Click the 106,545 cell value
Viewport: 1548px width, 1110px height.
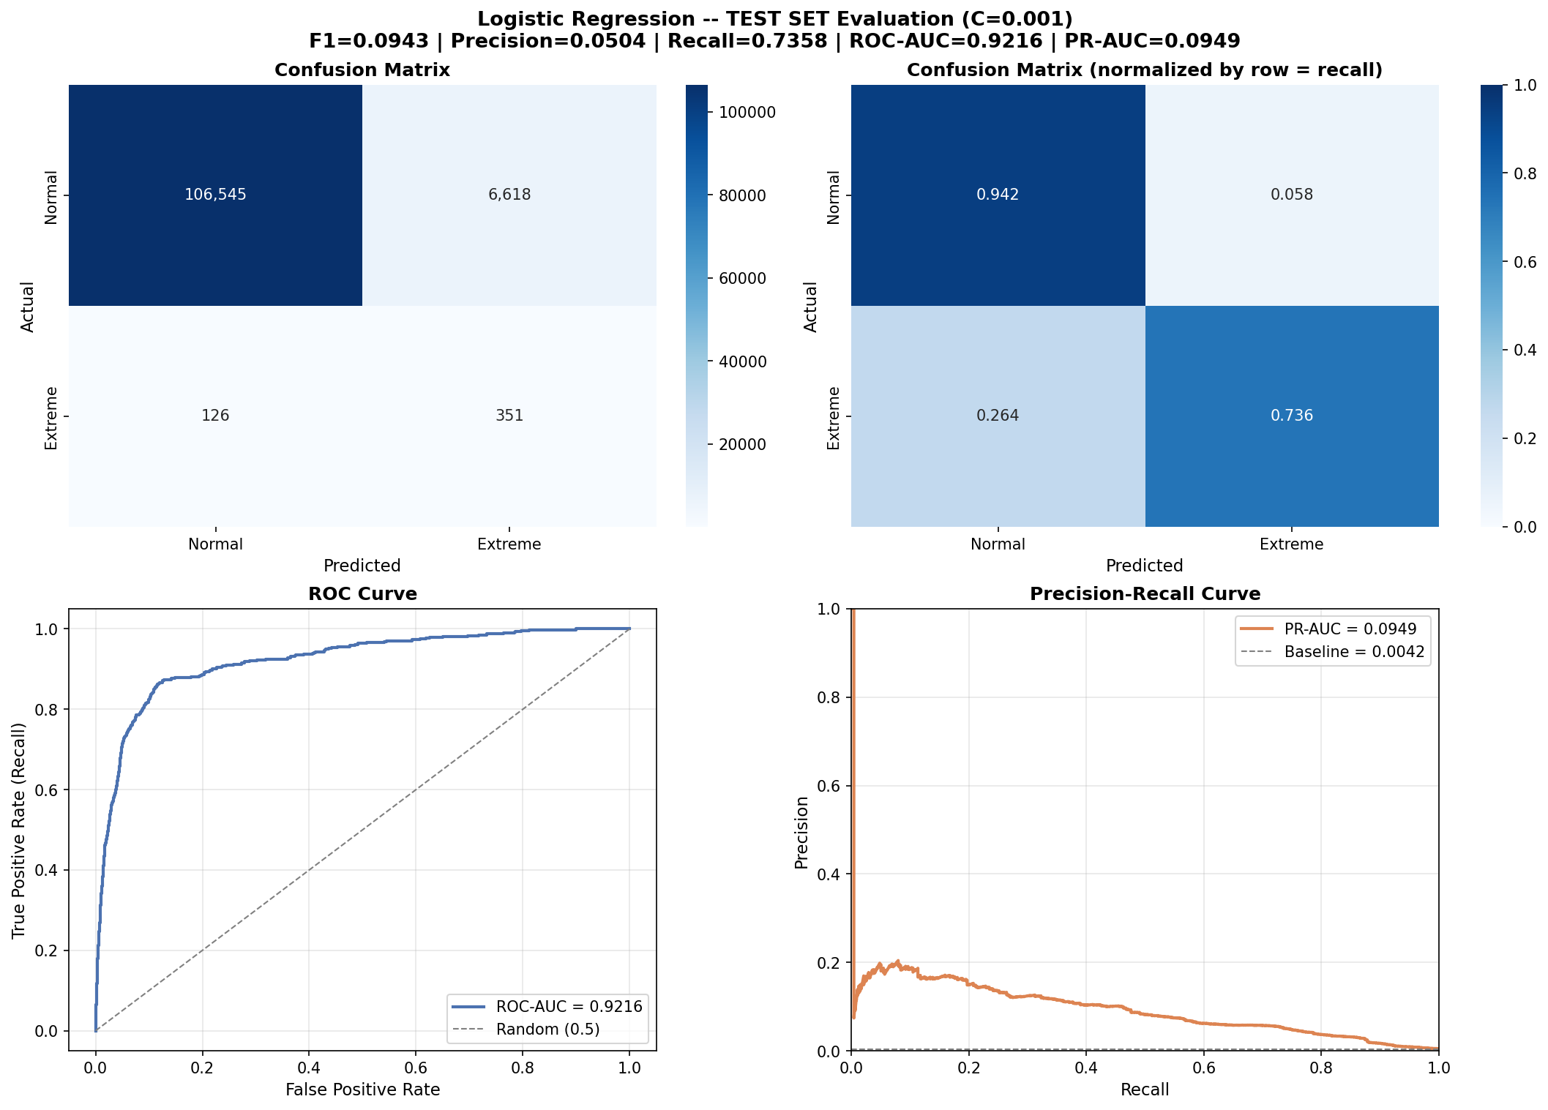(x=215, y=195)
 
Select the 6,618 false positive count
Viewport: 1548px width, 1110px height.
(x=509, y=195)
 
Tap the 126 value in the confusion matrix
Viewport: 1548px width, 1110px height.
(x=215, y=416)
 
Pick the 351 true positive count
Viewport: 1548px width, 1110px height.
(x=509, y=416)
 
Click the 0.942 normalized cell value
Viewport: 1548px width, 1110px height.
(x=998, y=195)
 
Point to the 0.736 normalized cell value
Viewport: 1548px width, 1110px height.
(x=1292, y=416)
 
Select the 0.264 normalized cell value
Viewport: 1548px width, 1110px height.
(x=998, y=416)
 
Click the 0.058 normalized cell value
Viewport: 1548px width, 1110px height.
(x=1292, y=195)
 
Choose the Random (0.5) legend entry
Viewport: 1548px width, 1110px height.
(x=547, y=1030)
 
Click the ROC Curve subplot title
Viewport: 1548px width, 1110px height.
(x=362, y=594)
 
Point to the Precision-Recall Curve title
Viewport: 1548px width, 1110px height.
(x=1145, y=594)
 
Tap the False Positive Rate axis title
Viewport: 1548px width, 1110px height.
(x=362, y=1090)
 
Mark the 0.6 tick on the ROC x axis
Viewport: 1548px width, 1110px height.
(x=416, y=1068)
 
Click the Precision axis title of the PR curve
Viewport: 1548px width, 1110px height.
(x=802, y=833)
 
